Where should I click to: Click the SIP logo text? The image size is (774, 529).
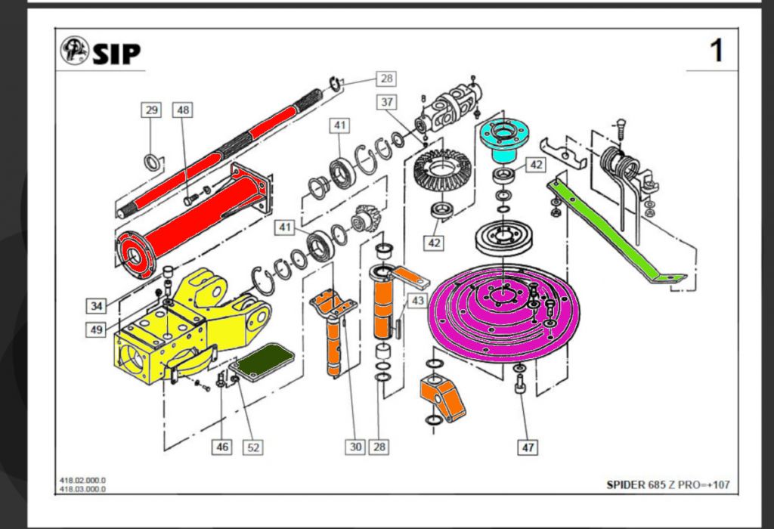(x=116, y=54)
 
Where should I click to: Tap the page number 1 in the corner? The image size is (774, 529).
(x=716, y=51)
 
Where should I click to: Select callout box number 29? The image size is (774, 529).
(x=151, y=110)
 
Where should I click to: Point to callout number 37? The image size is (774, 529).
(x=386, y=103)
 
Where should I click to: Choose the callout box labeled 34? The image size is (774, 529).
(x=94, y=305)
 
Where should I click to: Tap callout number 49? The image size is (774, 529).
(x=94, y=329)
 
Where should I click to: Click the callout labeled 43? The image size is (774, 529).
(x=416, y=300)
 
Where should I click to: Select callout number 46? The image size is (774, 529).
(x=222, y=447)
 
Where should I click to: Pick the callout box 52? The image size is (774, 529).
(x=253, y=447)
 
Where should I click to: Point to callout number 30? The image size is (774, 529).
(x=356, y=447)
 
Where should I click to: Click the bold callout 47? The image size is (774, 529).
(x=528, y=448)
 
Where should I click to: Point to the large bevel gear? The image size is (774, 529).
(x=444, y=172)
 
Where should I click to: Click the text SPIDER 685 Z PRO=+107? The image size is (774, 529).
(x=668, y=484)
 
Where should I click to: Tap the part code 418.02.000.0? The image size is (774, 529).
(x=83, y=481)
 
